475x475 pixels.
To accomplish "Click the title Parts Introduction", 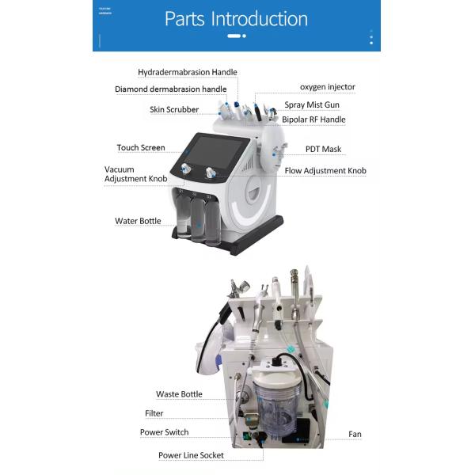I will [x=236, y=19].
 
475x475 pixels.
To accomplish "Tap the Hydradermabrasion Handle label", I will [x=188, y=72].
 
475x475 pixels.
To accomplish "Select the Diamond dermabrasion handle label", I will [x=170, y=89].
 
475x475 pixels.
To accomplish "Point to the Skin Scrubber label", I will [x=174, y=109].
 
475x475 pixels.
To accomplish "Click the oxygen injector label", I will [x=327, y=86].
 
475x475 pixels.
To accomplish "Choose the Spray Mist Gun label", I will [x=312, y=104].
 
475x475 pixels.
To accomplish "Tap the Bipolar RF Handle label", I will [x=313, y=120].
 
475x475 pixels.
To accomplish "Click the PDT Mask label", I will [x=323, y=149].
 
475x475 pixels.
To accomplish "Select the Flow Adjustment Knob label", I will [x=325, y=170].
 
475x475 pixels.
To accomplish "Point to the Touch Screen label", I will [x=141, y=147].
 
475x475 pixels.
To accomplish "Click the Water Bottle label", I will [x=138, y=221].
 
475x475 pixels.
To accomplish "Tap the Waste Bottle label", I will [x=179, y=394].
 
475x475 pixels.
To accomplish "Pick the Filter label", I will [x=154, y=413].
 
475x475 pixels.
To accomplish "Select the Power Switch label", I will [x=165, y=432].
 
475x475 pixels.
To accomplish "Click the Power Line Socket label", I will [x=190, y=455].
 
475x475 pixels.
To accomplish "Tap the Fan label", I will [x=355, y=434].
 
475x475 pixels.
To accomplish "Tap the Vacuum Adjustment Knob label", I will [x=135, y=174].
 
